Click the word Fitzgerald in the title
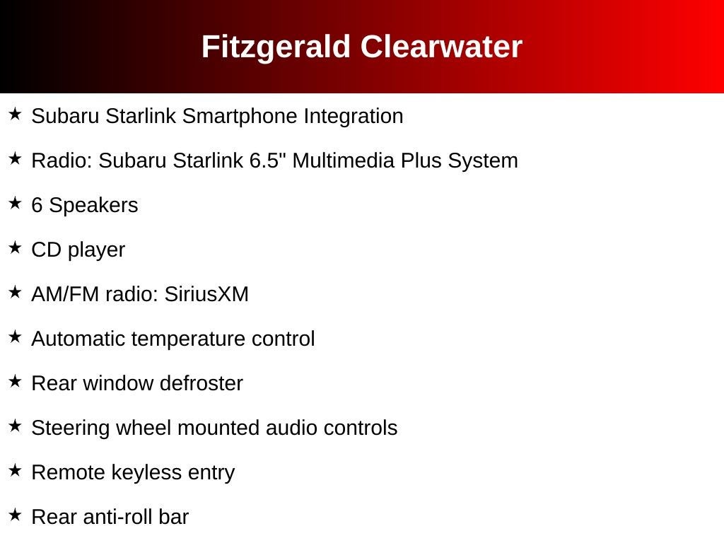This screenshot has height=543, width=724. pos(276,47)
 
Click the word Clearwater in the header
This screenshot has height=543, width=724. pos(441,47)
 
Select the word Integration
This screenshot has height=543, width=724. pos(354,117)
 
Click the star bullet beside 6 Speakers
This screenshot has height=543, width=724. pos(16,203)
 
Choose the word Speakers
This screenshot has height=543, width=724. pos(93,206)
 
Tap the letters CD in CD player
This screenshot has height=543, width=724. pos(46,250)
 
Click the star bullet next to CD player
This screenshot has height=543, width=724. pos(16,247)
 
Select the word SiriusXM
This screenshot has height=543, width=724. pos(206,294)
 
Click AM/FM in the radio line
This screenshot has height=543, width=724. pos(65,294)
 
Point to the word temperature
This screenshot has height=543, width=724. pos(188,339)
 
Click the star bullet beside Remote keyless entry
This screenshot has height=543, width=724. pos(16,470)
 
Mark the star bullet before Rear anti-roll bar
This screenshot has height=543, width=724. pos(16,515)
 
